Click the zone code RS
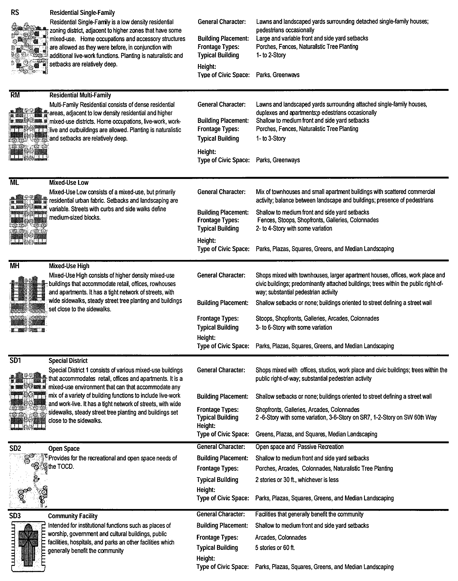15,12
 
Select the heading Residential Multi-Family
80,95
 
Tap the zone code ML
14,183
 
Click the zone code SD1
15,361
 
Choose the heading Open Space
64,449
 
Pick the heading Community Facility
73,516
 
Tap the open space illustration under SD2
28,480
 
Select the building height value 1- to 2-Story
271,55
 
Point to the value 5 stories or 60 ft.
275,548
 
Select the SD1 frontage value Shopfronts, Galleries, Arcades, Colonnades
307,410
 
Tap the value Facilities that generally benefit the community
309,514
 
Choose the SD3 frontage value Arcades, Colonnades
281,537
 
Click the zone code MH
14,266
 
